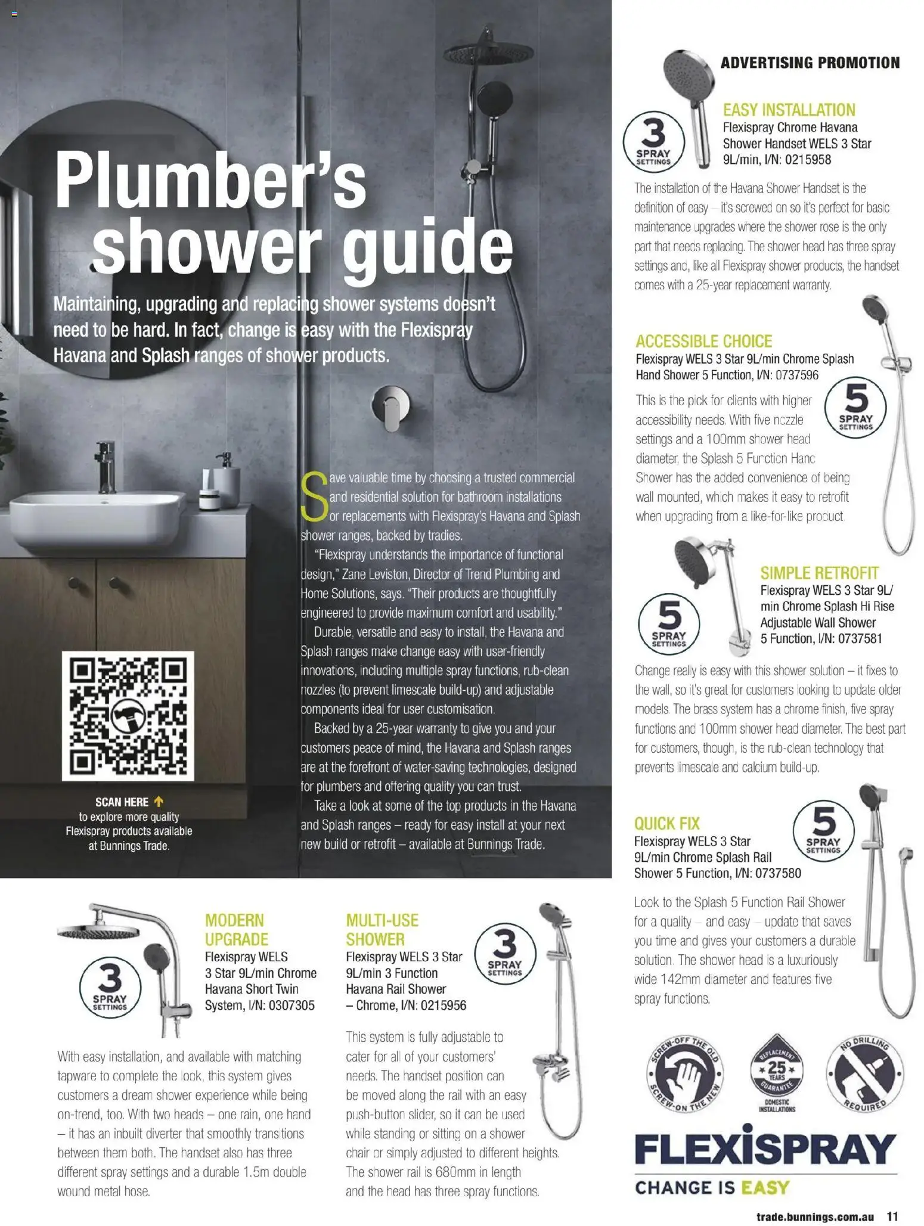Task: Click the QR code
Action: tap(128, 715)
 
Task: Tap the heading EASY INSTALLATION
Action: tap(789, 110)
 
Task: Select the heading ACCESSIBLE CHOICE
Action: tap(703, 341)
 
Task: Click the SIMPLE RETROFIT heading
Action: tap(819, 573)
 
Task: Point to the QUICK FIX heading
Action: tap(666, 823)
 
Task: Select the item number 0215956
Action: tap(443, 1005)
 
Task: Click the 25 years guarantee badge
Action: tap(777, 1070)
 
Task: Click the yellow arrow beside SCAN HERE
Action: tap(159, 802)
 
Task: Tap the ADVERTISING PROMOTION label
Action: tap(810, 63)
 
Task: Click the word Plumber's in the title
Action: tap(210, 181)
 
